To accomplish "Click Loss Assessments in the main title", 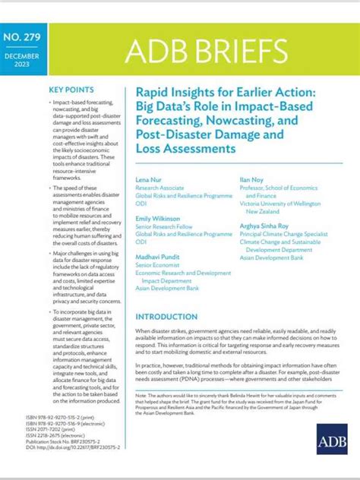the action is [186, 150].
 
